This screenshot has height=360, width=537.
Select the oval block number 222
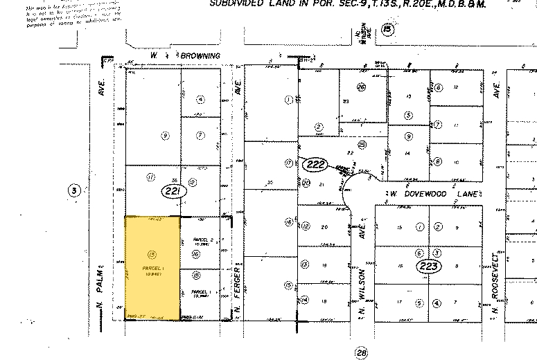315,164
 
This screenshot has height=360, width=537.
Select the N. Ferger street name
237,287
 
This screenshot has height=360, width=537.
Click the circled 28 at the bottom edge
361,353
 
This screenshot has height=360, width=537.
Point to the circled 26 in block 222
361,87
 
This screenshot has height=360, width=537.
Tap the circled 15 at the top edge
388,29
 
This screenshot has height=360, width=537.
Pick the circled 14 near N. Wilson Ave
305,300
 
